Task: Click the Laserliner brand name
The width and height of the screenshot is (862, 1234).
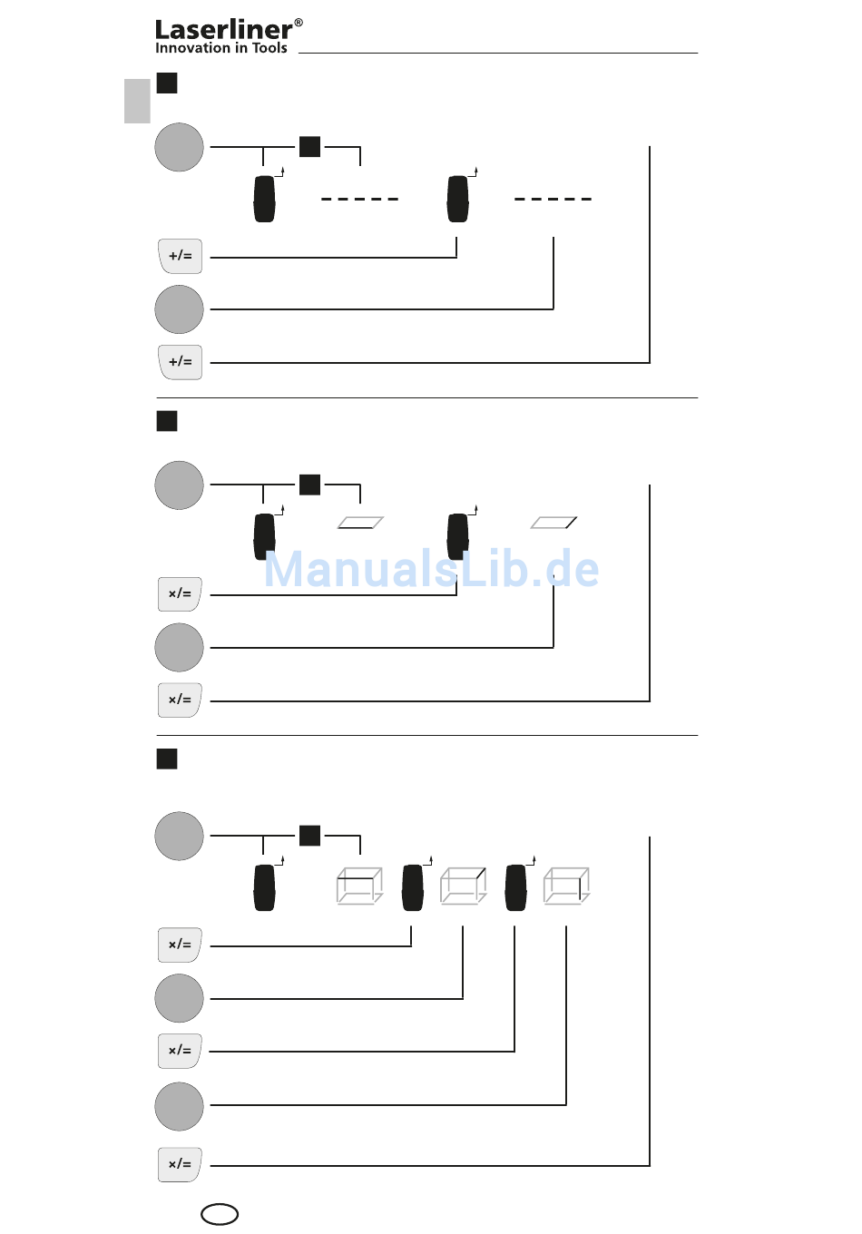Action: [223, 30]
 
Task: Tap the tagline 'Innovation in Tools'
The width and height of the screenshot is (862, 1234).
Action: [220, 48]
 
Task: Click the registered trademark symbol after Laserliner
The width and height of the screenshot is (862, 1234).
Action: [299, 23]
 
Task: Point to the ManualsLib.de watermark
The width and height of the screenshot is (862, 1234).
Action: [431, 570]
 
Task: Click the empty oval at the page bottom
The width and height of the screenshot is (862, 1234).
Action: [220, 1214]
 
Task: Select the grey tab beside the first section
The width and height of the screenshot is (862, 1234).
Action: [137, 101]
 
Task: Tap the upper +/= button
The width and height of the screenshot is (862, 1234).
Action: [180, 256]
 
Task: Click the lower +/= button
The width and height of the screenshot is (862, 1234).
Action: [180, 362]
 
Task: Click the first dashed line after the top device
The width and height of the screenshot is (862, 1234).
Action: [359, 199]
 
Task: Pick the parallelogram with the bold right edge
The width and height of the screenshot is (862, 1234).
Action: [553, 523]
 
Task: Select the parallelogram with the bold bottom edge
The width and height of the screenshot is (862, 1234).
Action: [360, 523]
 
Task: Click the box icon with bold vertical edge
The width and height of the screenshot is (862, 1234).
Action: [567, 886]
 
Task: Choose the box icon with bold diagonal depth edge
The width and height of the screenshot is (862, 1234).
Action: [464, 886]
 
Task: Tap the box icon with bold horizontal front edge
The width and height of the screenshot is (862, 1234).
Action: [359, 886]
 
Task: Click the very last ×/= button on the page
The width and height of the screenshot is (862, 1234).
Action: [180, 1164]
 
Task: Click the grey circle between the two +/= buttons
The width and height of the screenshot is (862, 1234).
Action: [180, 309]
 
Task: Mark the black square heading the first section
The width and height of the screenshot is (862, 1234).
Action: [167, 83]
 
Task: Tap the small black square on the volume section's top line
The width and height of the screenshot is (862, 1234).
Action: [310, 836]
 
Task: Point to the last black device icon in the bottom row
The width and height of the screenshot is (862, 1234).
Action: [516, 887]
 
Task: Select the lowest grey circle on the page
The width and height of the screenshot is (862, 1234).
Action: [180, 1106]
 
